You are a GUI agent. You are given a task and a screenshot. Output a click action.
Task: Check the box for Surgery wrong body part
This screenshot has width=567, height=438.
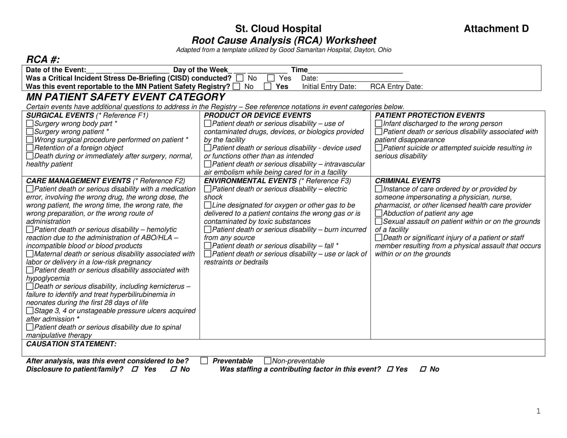pos(30,123)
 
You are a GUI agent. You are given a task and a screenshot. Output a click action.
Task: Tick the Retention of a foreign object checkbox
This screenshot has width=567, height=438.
pos(30,148)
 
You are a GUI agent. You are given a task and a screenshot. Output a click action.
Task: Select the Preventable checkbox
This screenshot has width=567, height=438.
pos(204,361)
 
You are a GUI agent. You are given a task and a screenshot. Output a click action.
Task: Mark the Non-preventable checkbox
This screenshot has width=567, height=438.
pos(268,361)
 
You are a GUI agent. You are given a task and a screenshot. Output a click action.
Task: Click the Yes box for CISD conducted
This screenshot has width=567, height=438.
pos(271,78)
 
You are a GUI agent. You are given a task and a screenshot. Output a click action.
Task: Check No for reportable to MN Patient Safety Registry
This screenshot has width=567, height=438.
pos(236,86)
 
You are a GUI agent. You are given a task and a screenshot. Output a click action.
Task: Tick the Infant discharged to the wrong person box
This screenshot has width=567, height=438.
pos(379,123)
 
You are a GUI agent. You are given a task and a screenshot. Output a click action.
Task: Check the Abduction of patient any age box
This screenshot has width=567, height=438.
pos(379,213)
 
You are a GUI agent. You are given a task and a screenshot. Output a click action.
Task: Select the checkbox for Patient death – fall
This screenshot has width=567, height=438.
pos(207,246)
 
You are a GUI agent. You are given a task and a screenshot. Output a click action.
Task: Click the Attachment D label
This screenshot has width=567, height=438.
pos(496,29)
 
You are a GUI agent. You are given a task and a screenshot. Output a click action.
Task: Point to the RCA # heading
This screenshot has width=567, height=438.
pos(43,60)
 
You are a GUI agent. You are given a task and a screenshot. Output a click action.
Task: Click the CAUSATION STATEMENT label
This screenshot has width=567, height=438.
pos(71,344)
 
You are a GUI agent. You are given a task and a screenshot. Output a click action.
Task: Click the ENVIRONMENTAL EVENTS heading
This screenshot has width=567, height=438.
pos(250,181)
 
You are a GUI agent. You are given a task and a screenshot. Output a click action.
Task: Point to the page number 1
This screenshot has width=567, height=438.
pos(538,411)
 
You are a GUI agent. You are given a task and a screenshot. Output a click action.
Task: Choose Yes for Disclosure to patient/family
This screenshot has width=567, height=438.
pos(135,369)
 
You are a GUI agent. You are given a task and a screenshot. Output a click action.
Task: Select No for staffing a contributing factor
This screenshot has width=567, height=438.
pos(423,369)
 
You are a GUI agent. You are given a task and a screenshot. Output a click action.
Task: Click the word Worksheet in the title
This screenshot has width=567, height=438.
pos(351,40)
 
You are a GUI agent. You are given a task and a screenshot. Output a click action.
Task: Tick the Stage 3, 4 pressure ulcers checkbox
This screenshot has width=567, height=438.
pos(30,311)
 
